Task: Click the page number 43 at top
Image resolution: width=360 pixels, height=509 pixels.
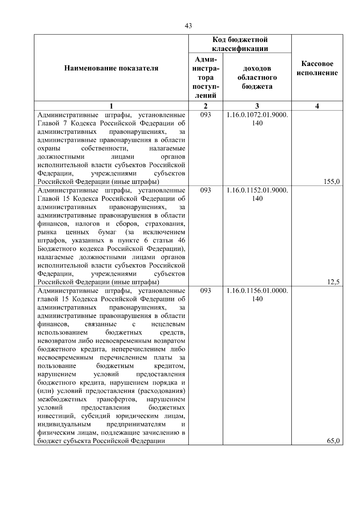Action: click(188, 26)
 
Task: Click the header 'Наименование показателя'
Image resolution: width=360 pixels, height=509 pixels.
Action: click(111, 68)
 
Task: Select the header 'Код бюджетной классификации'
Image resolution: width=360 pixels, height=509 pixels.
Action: click(240, 44)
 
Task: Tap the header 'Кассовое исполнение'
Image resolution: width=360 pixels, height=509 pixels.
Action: click(317, 68)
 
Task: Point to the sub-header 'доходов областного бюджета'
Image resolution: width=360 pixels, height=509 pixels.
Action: click(257, 77)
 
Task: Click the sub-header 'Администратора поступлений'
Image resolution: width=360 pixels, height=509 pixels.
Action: click(205, 77)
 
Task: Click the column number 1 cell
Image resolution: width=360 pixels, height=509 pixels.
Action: click(111, 106)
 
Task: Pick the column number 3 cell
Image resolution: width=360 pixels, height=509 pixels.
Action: click(257, 106)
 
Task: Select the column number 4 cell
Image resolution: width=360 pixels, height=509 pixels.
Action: click(317, 106)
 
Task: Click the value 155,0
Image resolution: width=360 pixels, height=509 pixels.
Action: click(332, 181)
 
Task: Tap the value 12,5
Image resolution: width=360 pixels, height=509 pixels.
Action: click(333, 282)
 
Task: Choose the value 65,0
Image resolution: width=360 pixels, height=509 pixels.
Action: click(333, 441)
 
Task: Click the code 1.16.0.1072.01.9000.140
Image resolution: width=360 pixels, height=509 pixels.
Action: click(257, 119)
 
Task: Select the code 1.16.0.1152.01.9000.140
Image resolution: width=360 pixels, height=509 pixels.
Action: click(257, 194)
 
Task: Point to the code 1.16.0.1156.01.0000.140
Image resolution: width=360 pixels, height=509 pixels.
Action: click(257, 295)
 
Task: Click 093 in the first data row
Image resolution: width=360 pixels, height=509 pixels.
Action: click(205, 115)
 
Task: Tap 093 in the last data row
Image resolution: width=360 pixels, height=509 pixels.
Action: click(205, 291)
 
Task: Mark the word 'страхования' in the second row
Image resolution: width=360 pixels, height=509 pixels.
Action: click(165, 224)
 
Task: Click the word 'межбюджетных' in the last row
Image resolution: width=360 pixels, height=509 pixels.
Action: click(62, 399)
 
